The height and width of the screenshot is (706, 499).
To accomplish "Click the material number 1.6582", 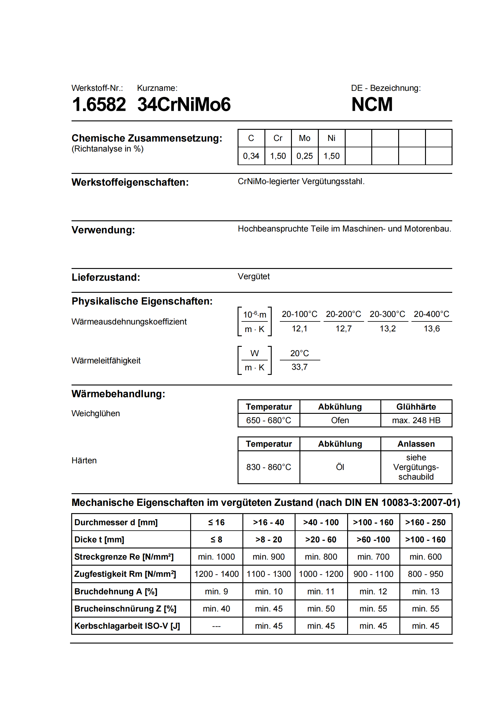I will click(x=99, y=104).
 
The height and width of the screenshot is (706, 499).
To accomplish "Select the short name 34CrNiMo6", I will click(x=184, y=104).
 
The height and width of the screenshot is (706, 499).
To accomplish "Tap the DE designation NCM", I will click(x=372, y=104).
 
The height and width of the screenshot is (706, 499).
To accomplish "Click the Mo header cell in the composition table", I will click(x=304, y=138).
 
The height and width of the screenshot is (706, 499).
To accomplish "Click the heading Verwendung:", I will click(x=103, y=230).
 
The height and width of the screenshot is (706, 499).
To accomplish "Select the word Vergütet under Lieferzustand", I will click(x=254, y=276).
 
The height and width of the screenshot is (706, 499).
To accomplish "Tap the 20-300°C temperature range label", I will click(x=387, y=314).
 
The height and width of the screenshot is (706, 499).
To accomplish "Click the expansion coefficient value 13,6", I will click(x=432, y=329).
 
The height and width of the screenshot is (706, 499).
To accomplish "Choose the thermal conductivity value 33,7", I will click(x=299, y=367).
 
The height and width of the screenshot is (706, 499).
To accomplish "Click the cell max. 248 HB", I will click(x=416, y=420).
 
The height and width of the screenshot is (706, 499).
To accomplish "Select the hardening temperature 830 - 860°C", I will click(x=268, y=467).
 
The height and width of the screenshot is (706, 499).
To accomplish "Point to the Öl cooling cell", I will click(x=340, y=467).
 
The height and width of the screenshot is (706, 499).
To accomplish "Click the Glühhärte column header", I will click(x=416, y=407).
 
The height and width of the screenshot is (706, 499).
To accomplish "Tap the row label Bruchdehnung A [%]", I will click(x=116, y=591).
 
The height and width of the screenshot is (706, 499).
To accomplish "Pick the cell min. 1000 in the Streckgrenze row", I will click(x=216, y=557).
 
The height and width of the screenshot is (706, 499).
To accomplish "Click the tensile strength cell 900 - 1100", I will click(x=373, y=574).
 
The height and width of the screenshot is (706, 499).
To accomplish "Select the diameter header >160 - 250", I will click(x=426, y=522).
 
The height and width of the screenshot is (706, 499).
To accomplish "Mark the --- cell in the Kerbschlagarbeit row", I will click(x=216, y=626).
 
